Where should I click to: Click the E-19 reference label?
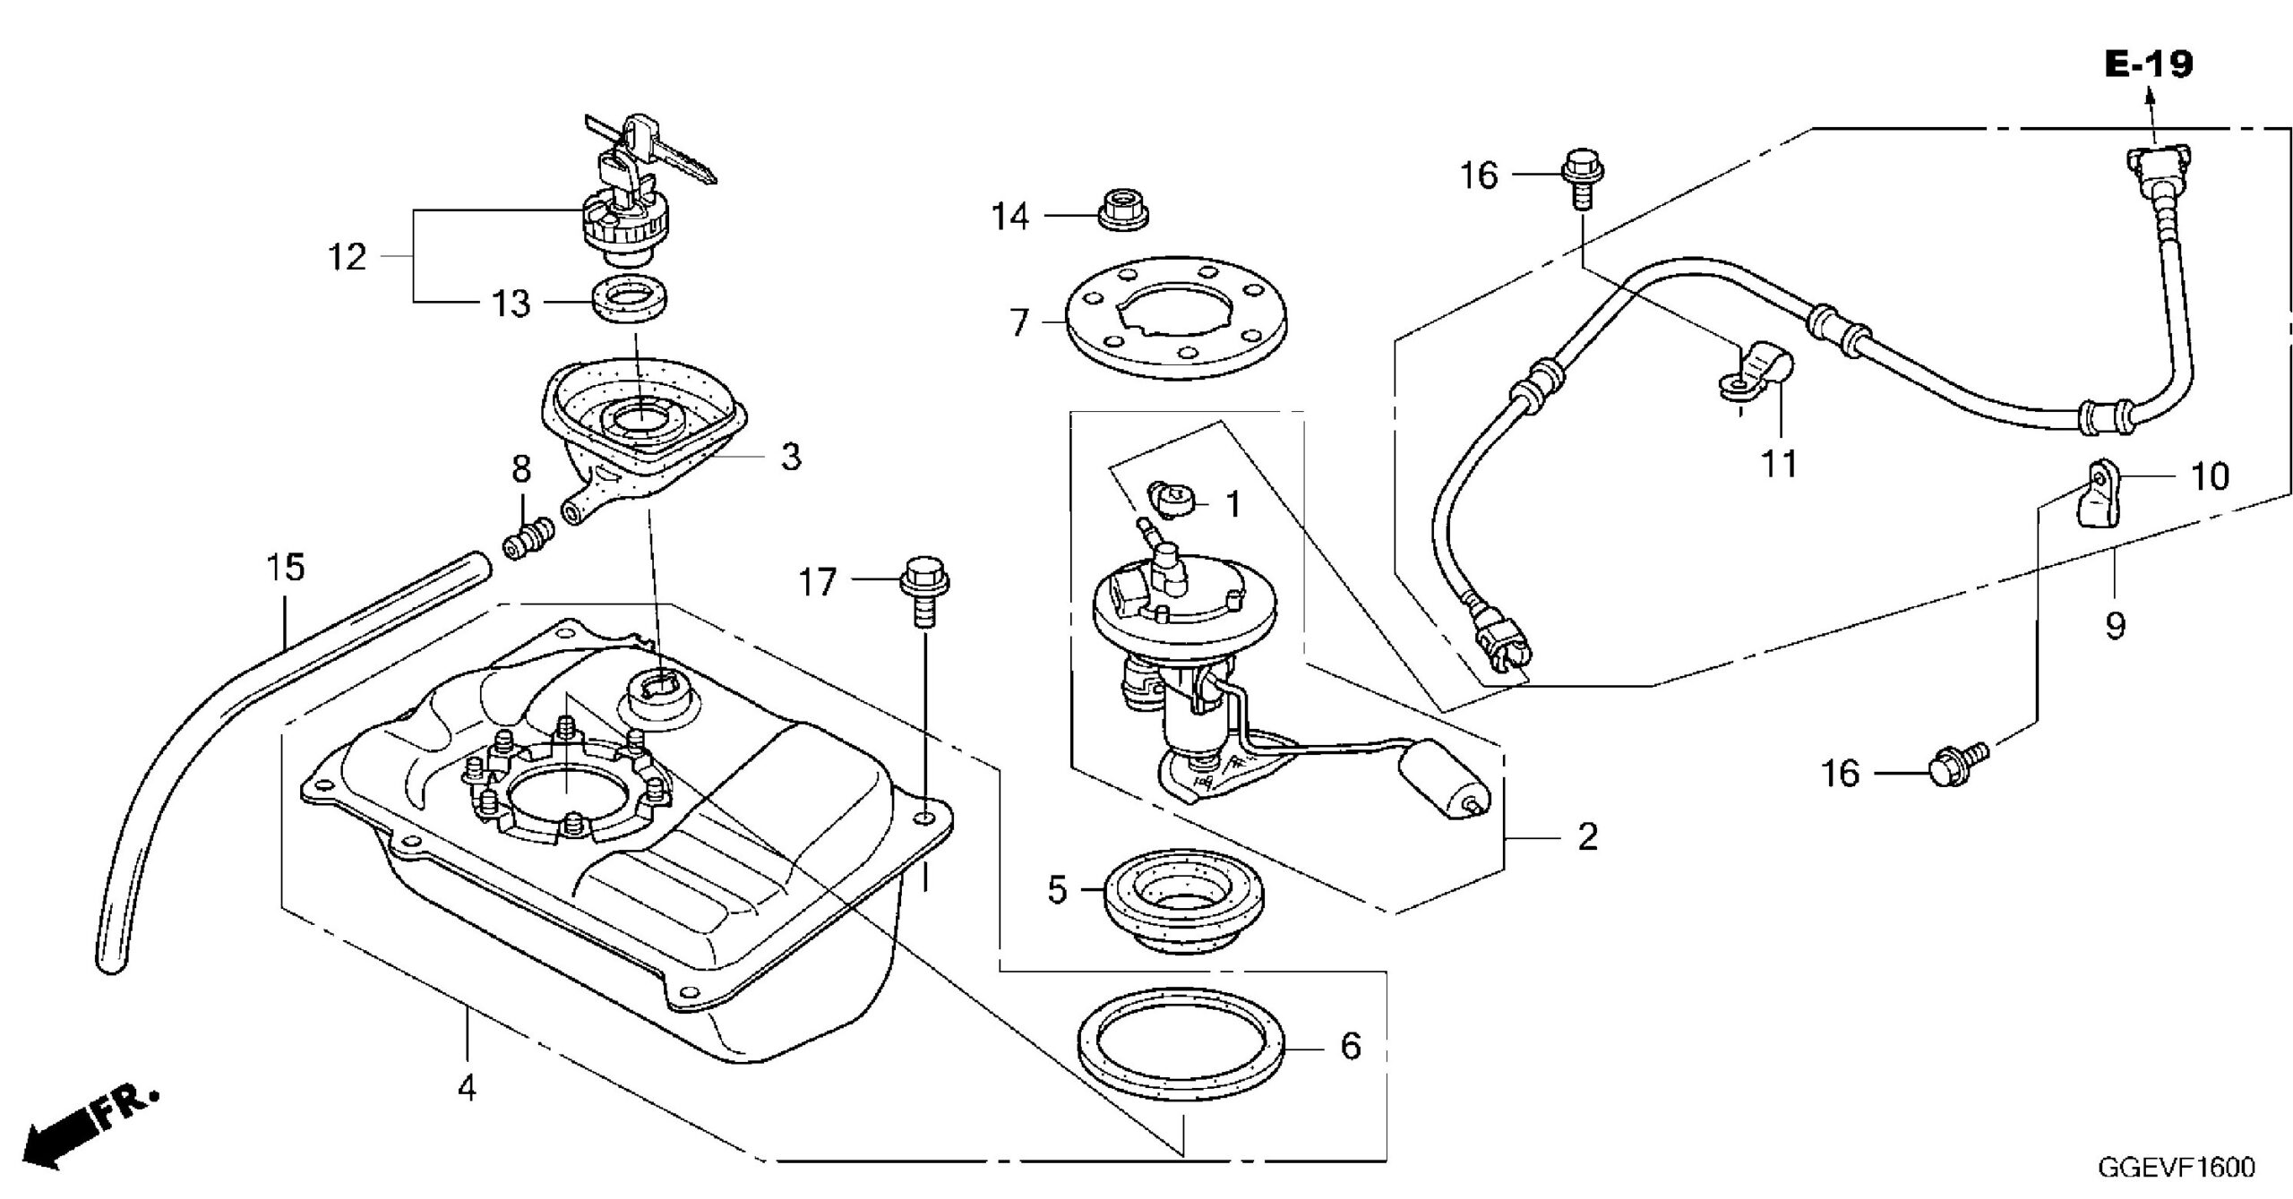(x=2149, y=64)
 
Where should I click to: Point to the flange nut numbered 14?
(x=1123, y=212)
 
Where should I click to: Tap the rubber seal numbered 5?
(x=1182, y=904)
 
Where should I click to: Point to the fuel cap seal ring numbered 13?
(x=633, y=301)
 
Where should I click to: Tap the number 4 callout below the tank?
(x=466, y=1090)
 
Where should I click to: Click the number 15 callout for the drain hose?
(x=285, y=567)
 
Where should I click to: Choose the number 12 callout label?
(x=348, y=258)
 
